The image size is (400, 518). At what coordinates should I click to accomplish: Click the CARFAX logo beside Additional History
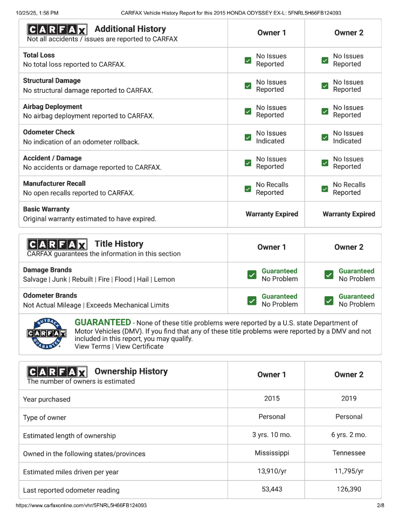pos(57,30)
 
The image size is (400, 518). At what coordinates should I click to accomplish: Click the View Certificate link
pos(139,346)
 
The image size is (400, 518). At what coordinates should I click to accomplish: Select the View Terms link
pos(92,346)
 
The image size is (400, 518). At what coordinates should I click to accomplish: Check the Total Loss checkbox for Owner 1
pos(248,60)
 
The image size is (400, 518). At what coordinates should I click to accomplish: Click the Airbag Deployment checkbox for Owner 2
pos(325,112)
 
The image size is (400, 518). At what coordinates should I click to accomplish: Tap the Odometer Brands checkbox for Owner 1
pos(252,301)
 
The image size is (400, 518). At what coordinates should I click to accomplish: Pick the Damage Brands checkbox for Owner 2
pos(329,275)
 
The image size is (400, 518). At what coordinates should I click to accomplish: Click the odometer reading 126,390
pos(349,489)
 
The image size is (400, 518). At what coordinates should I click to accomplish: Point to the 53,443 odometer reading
pos(272,489)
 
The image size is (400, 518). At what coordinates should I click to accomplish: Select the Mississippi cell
pos(272,453)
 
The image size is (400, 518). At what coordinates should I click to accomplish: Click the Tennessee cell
pos(349,453)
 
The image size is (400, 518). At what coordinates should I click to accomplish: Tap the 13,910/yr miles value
pos(272,471)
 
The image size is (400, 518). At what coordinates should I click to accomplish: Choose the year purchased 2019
pos(349,399)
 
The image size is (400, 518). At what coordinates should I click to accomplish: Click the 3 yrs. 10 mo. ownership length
pos(272,435)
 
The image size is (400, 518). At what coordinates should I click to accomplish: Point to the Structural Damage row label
pos(52,81)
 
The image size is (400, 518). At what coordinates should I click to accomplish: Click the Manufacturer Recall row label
pos(54,183)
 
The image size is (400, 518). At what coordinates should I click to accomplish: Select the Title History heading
pos(119,244)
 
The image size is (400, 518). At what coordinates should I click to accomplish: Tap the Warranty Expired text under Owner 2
pos(349,214)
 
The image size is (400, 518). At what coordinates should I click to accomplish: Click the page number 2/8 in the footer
pos(380,506)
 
